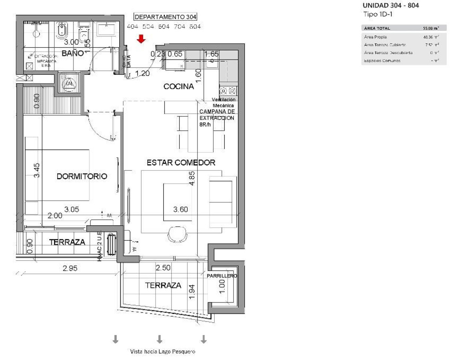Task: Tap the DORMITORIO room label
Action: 82,176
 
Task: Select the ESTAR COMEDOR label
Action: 181,163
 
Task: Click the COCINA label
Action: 179,86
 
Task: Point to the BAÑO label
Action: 72,53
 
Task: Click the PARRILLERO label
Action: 222,276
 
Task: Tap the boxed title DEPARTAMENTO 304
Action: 166,17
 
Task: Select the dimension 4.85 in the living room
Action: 192,178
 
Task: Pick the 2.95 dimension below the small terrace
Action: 70,268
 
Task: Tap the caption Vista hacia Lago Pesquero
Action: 163,352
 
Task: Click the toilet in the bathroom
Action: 62,32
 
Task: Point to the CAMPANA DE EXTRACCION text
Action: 217,115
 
